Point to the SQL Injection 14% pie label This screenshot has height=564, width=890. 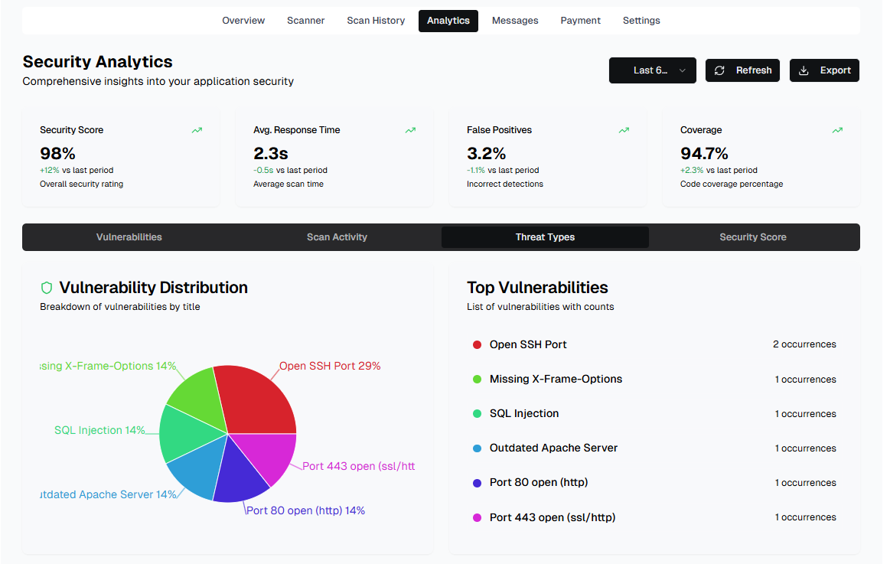99,430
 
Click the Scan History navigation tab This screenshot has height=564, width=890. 376,21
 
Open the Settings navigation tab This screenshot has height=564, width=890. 641,21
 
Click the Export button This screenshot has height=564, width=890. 824,70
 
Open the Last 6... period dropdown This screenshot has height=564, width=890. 652,70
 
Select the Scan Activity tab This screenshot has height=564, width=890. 337,237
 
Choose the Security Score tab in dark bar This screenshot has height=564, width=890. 753,237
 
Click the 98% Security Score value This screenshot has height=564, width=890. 57,153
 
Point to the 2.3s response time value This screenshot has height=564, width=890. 270,153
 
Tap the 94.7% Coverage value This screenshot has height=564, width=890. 704,153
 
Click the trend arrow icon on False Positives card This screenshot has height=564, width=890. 624,130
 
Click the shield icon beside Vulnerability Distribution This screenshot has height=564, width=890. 47,288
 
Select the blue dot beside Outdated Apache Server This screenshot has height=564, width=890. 477,448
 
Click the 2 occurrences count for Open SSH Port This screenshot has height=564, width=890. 804,344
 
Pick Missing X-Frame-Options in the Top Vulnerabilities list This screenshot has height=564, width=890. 556,379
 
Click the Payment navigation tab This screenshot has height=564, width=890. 580,21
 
